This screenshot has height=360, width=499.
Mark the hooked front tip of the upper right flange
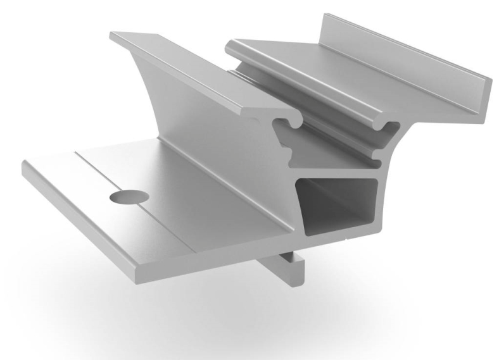pos(384,127)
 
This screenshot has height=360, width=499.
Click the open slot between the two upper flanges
pos(329,136)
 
